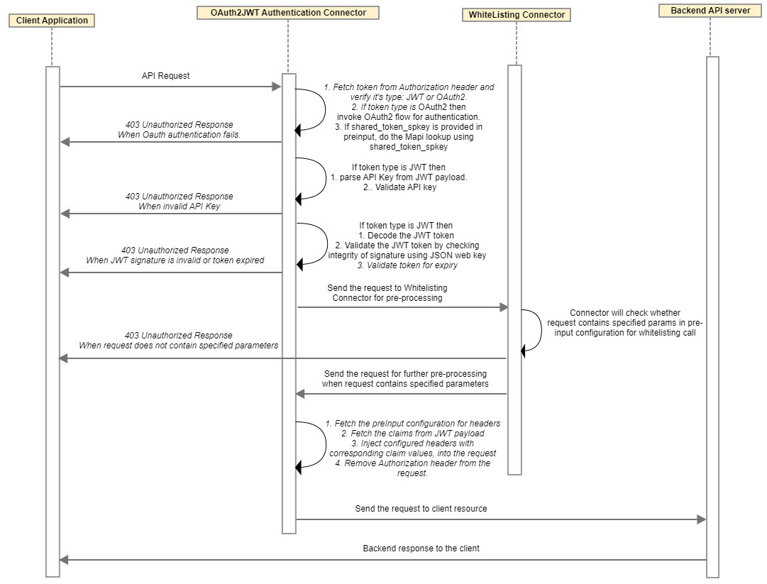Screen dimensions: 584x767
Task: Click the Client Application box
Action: pos(52,21)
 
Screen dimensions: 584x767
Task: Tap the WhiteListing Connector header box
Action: pos(516,14)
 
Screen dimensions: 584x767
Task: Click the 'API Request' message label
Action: pos(165,75)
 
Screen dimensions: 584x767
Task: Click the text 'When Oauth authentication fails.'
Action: pos(179,135)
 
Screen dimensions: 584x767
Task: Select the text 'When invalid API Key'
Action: pos(179,206)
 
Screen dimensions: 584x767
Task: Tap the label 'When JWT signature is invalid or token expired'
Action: pos(175,260)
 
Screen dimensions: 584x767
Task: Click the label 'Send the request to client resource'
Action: pos(421,509)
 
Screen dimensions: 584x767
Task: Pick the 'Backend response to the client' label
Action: pos(421,549)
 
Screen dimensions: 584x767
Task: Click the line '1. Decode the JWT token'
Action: pos(406,235)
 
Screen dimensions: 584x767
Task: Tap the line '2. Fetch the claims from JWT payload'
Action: pos(412,434)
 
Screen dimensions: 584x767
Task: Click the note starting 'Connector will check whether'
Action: pos(624,323)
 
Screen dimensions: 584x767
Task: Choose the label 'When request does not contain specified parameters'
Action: pos(178,346)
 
